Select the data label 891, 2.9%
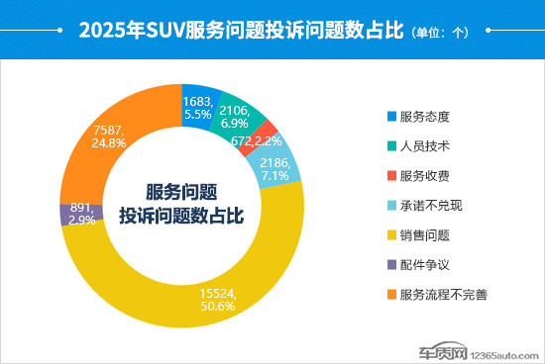tap(81, 214)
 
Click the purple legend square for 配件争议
tap(391, 264)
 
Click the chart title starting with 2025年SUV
tap(242, 30)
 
